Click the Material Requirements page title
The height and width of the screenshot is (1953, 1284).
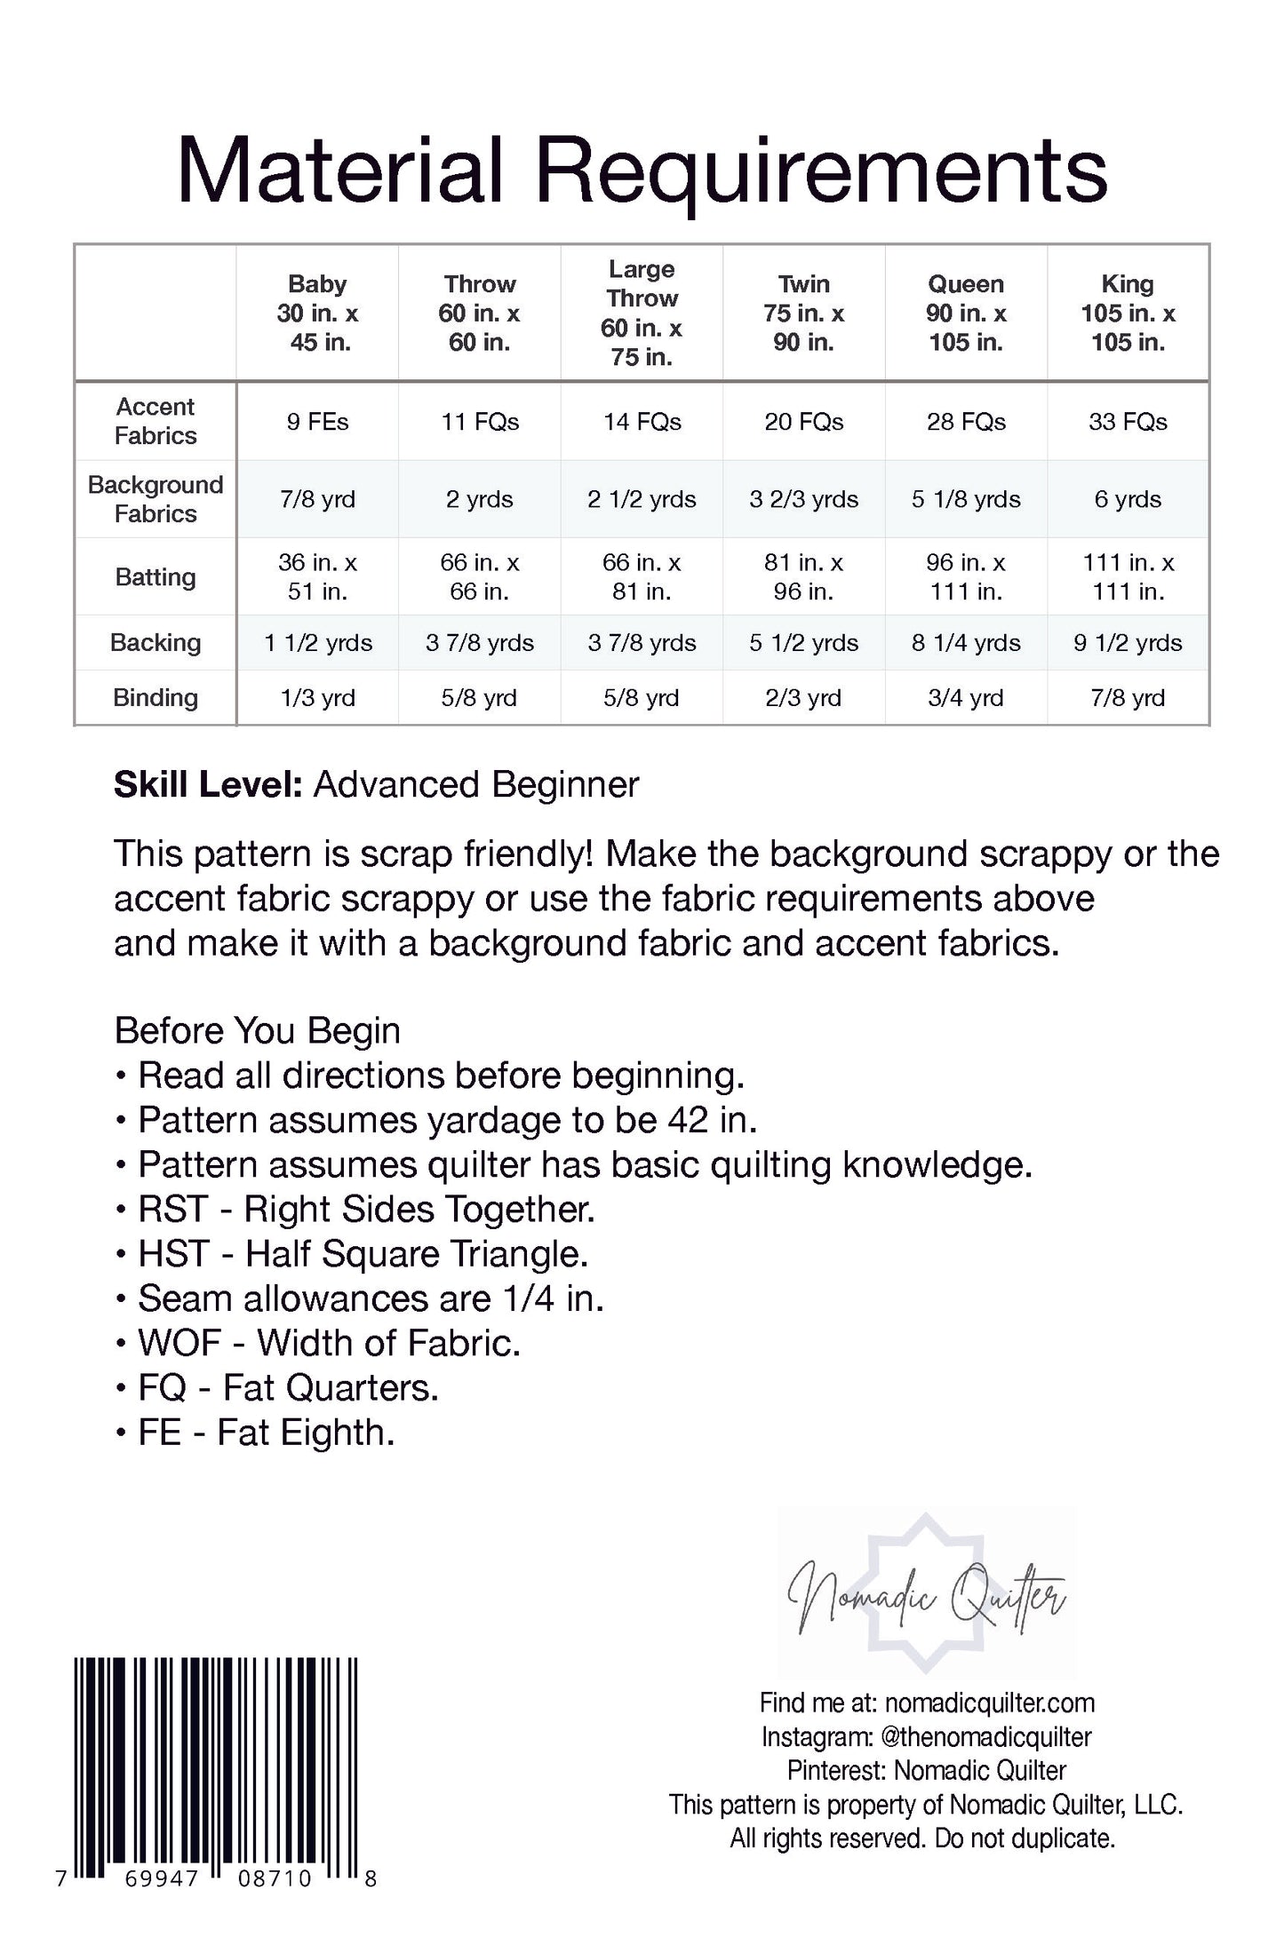(x=642, y=171)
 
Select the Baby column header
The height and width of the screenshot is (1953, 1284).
(x=317, y=313)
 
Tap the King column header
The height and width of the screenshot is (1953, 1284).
(x=1128, y=313)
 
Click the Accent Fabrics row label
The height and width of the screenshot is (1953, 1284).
(x=156, y=421)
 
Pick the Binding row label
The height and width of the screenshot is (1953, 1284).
(x=156, y=698)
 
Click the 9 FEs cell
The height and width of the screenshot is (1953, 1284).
(x=317, y=422)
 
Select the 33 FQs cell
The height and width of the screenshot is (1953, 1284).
(x=1128, y=422)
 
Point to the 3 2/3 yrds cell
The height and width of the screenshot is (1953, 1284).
(x=803, y=499)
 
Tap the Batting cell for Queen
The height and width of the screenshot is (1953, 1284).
(x=966, y=576)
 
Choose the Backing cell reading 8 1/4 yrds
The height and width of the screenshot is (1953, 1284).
(x=966, y=643)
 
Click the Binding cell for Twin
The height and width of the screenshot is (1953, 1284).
(x=803, y=698)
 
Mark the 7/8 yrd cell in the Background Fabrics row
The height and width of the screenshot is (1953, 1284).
(x=317, y=499)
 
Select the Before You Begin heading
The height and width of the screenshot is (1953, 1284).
(x=258, y=1031)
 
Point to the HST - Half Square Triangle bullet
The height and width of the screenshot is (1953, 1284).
(x=363, y=1254)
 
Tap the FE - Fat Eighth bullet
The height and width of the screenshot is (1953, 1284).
(x=266, y=1433)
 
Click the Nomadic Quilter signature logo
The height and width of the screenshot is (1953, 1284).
(x=926, y=1595)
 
